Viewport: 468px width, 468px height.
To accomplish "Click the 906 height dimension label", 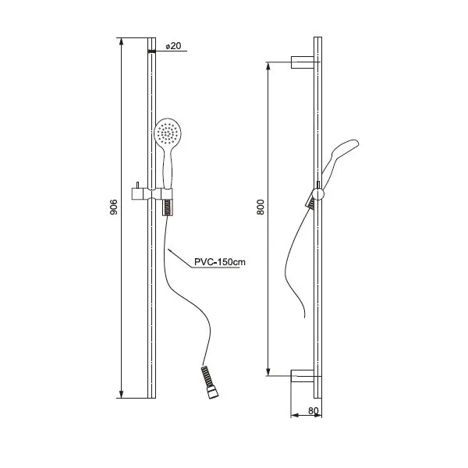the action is [x=114, y=207].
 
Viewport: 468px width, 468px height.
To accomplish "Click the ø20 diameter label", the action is [x=173, y=46].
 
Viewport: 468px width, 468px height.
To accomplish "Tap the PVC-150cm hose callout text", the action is [x=220, y=262].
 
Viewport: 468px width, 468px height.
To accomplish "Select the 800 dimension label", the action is [x=261, y=207].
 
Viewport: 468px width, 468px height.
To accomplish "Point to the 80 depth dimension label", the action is [x=314, y=411].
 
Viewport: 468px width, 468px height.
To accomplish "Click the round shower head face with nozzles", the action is [x=168, y=133].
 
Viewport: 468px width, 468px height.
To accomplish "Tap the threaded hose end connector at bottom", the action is [x=210, y=382].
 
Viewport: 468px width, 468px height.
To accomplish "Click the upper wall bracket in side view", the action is [x=303, y=62].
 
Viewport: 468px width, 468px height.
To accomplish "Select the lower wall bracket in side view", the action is [x=303, y=375].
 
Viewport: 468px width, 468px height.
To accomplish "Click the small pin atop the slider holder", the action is [x=137, y=186].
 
